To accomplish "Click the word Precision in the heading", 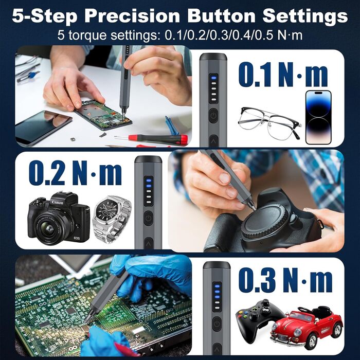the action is (x=132, y=16).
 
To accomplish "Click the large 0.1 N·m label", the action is (x=283, y=75).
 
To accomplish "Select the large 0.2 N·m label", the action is (x=75, y=173).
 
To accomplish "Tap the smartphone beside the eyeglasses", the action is (x=318, y=117).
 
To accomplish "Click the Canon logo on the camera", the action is (x=58, y=203).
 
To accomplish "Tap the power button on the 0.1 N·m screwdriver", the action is (x=213, y=116).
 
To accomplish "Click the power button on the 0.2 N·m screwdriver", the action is (x=148, y=218).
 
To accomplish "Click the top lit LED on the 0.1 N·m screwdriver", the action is (x=214, y=78).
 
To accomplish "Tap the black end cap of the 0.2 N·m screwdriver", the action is (x=148, y=159).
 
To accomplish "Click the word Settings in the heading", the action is (x=305, y=16).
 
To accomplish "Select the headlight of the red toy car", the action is (x=297, y=332).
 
